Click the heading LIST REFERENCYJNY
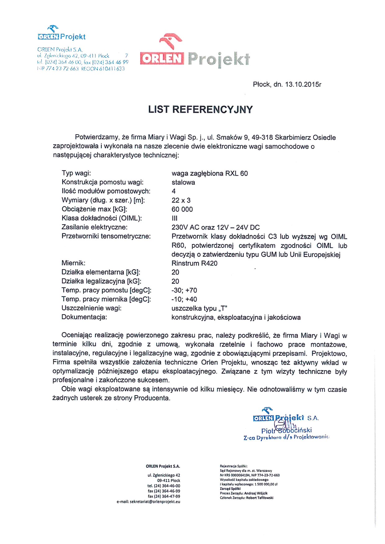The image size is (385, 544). pos(200,109)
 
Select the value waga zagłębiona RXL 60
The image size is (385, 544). pos(210,173)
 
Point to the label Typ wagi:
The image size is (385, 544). pos(76,173)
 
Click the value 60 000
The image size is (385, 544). pos(182,209)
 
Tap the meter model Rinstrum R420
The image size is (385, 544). pos(194,263)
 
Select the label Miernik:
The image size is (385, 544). pos(73,263)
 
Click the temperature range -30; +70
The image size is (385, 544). pos(184,290)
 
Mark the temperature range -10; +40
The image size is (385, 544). pos(184,299)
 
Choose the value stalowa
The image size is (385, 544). pos(183,182)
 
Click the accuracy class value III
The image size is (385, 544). pos(174,218)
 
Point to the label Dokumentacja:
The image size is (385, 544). pos(84,317)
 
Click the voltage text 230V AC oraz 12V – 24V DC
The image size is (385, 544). pos(215,227)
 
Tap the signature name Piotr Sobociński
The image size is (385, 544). pos(286,430)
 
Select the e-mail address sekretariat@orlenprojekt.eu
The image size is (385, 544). pos(155,502)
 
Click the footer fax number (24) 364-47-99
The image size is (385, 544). pos(167,496)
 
